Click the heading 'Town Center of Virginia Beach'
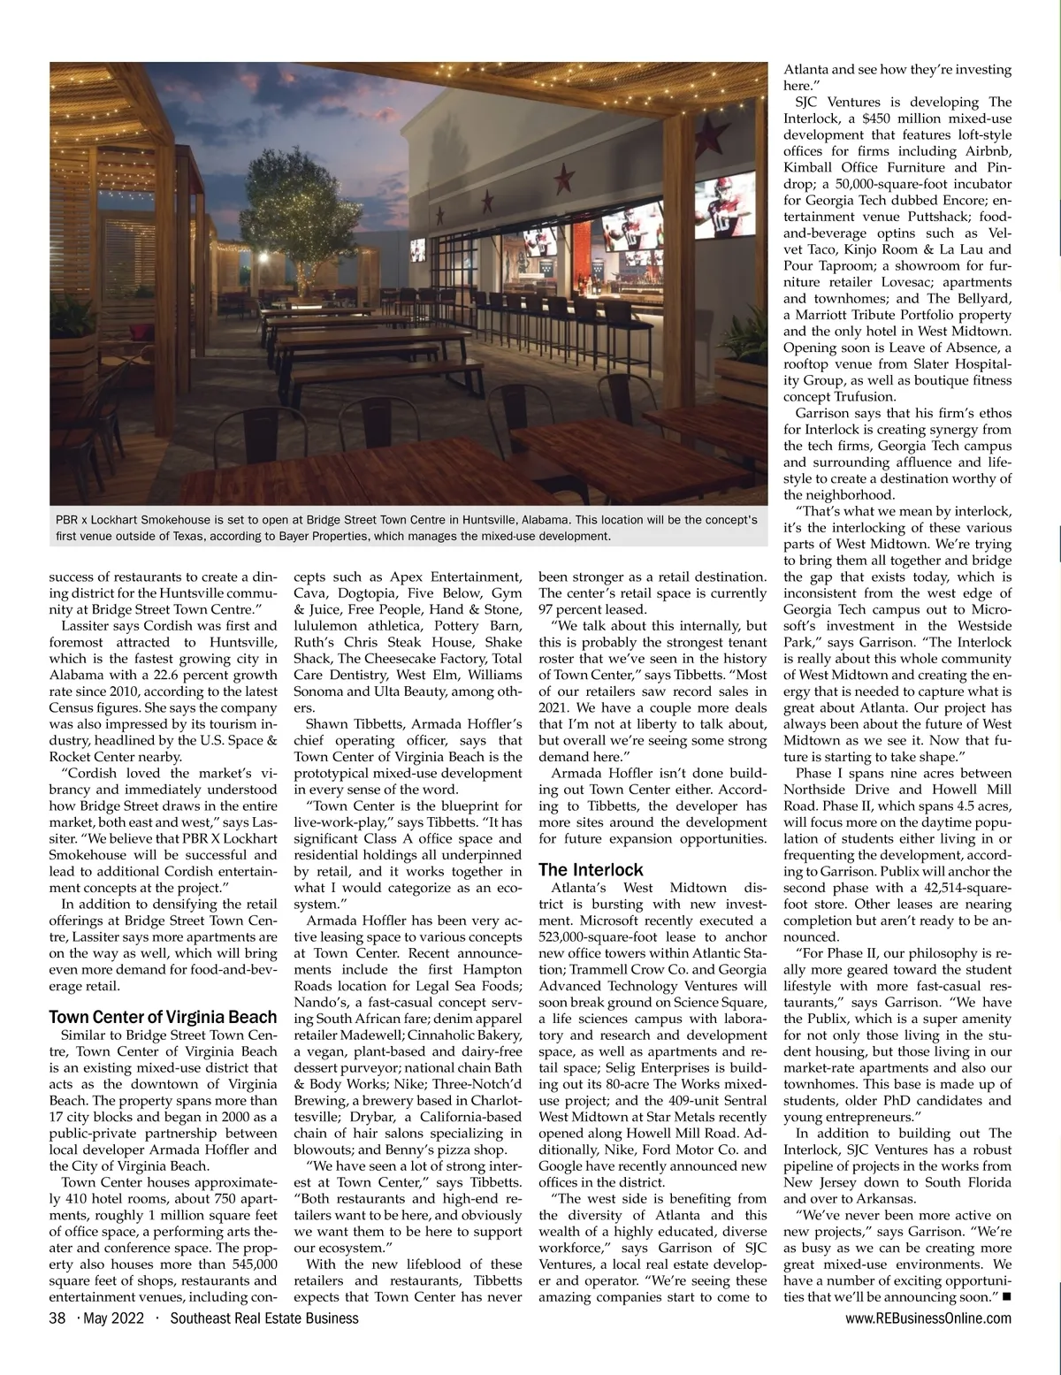pyautogui.click(x=163, y=1017)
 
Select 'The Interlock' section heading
pyautogui.click(x=591, y=869)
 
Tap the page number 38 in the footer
pyautogui.click(x=57, y=1318)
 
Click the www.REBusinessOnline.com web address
pyautogui.click(x=928, y=1318)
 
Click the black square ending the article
pyautogui.click(x=1007, y=1297)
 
